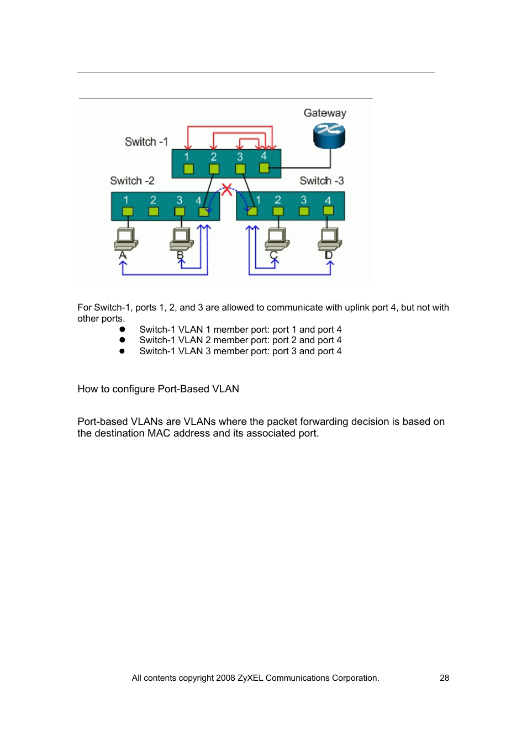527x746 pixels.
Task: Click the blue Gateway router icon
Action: [x=329, y=136]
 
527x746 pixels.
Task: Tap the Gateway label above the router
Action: [x=325, y=113]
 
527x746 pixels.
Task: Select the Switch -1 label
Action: [x=146, y=142]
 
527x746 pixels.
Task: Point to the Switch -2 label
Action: [x=132, y=181]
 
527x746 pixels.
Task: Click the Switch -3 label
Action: [x=322, y=181]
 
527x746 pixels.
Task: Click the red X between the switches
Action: [x=226, y=190]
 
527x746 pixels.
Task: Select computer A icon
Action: [x=126, y=239]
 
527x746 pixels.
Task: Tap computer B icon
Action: [x=181, y=239]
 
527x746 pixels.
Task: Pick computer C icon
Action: [x=277, y=239]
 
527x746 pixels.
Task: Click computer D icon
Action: [x=330, y=239]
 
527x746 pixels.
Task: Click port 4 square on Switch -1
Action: [x=264, y=168]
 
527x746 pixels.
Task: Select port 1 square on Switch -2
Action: [x=128, y=211]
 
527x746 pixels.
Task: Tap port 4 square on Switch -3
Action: [x=328, y=211]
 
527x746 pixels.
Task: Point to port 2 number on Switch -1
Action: [x=213, y=157]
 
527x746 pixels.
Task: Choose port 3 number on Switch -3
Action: [x=303, y=200]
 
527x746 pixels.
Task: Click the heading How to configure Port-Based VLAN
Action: [x=158, y=389]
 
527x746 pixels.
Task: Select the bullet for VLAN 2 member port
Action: [x=122, y=340]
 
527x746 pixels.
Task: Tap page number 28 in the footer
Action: [x=444, y=678]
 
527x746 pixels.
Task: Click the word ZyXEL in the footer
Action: [x=250, y=678]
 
